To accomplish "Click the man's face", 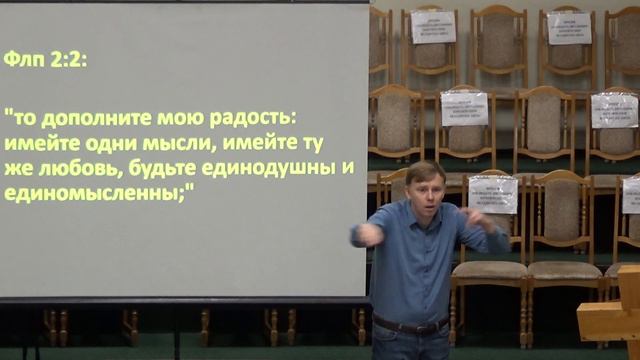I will point(424,191).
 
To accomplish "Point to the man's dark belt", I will point(410,324).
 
